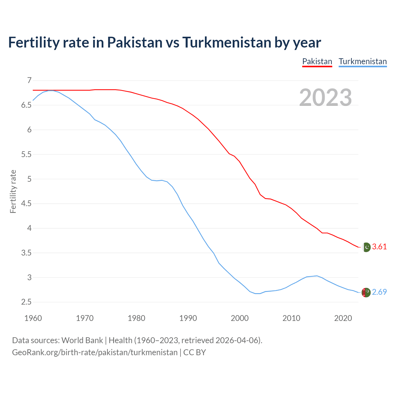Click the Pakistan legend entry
click(x=317, y=61)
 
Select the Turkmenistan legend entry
click(x=363, y=61)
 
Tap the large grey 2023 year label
click(x=326, y=98)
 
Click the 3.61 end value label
click(x=379, y=247)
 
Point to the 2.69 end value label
click(x=379, y=292)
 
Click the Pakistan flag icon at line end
click(x=366, y=247)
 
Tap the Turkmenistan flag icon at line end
click(x=366, y=293)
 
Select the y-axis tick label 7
click(x=29, y=81)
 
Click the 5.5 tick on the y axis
click(x=27, y=154)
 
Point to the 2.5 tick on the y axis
click(x=27, y=302)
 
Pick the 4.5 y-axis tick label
click(x=27, y=204)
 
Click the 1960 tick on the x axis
click(x=33, y=318)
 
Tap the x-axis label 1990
click(x=188, y=318)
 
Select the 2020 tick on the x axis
click(x=343, y=318)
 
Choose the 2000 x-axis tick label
click(x=240, y=318)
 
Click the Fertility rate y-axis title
click(x=13, y=191)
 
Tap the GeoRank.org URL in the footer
click(x=95, y=352)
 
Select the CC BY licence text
click(x=194, y=352)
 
